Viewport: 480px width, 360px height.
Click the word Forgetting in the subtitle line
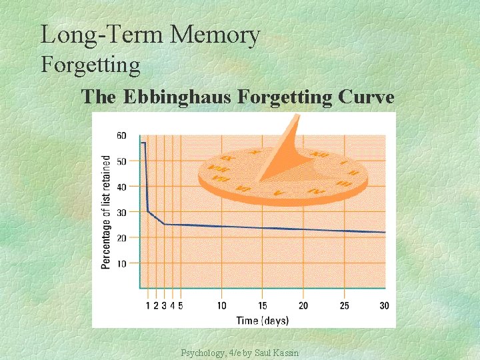tap(91, 65)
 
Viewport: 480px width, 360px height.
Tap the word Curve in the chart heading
tap(366, 97)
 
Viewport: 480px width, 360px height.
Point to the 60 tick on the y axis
tap(121, 136)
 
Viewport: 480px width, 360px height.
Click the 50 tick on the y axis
tap(121, 161)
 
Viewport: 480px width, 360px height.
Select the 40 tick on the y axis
tap(121, 187)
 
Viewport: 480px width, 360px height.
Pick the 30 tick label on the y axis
tap(121, 213)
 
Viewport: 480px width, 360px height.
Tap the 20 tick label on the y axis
tap(121, 238)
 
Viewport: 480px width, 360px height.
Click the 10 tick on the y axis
tap(121, 264)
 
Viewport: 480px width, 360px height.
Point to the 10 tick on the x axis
tap(221, 306)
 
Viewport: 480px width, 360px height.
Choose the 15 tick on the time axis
tap(262, 306)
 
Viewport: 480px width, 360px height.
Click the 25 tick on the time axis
tap(344, 306)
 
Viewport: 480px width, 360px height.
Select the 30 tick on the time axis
tap(384, 306)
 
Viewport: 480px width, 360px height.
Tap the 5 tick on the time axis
tap(181, 306)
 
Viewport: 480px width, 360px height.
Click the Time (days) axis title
tap(263, 320)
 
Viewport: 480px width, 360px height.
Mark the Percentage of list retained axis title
tap(106, 212)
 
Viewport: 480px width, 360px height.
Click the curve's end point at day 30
tap(385, 232)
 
